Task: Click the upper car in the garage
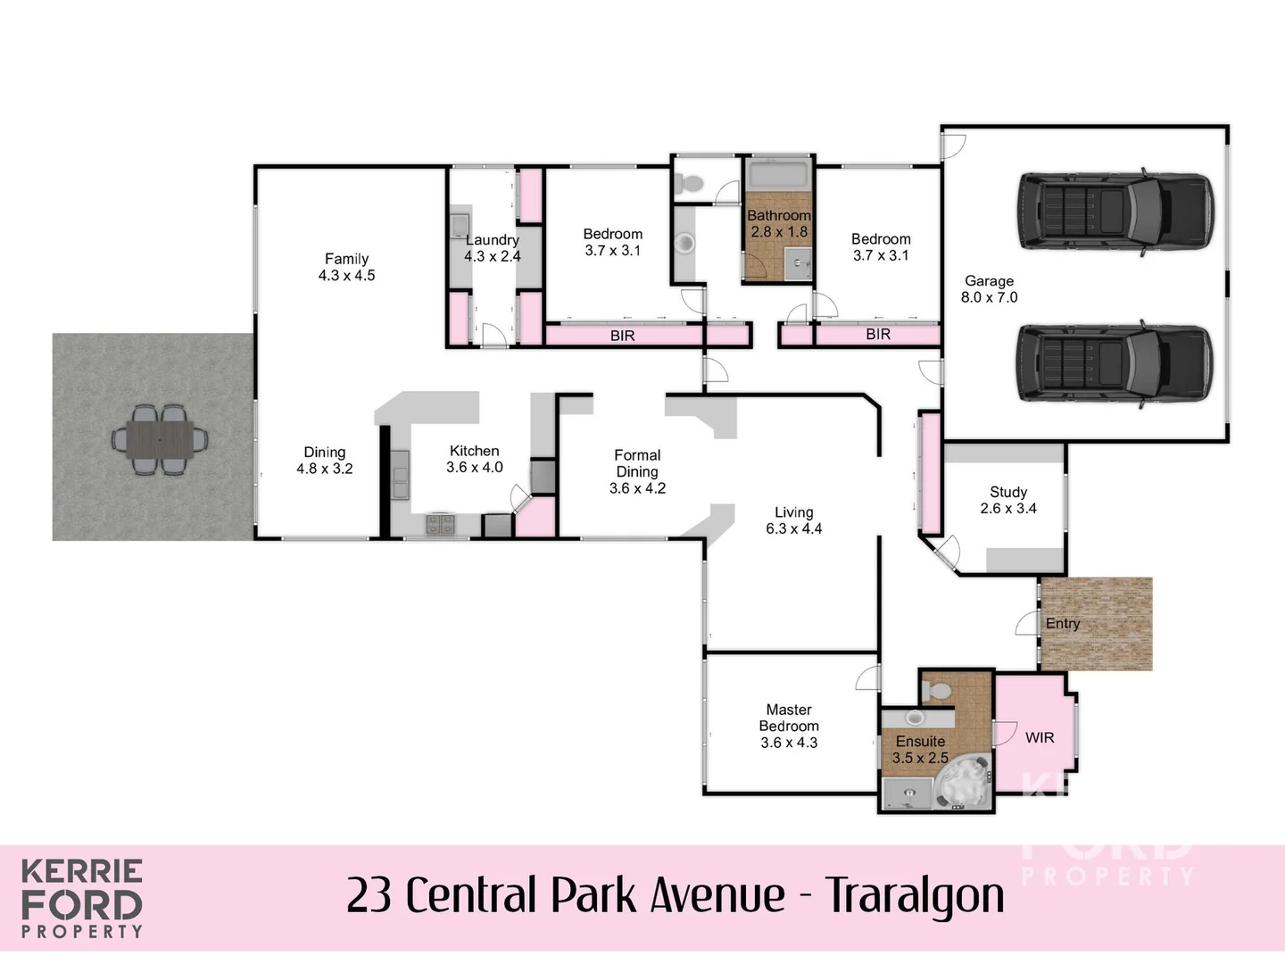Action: click(x=1115, y=212)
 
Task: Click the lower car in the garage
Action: click(x=1115, y=363)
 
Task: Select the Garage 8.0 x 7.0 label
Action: click(x=989, y=289)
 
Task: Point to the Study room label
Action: click(x=1008, y=500)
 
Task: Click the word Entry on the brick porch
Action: click(x=1063, y=624)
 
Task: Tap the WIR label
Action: click(x=1040, y=737)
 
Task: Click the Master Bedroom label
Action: click(x=789, y=726)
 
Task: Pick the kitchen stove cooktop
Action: click(x=439, y=524)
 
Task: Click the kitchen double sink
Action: click(x=399, y=475)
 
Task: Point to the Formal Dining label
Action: click(x=637, y=471)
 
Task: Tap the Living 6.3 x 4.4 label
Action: click(x=793, y=520)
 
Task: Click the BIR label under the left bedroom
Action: click(x=622, y=336)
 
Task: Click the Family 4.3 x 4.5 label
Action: click(x=346, y=267)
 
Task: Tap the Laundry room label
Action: click(x=492, y=248)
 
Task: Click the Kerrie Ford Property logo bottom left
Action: click(x=82, y=899)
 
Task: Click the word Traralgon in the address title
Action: click(x=914, y=895)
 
